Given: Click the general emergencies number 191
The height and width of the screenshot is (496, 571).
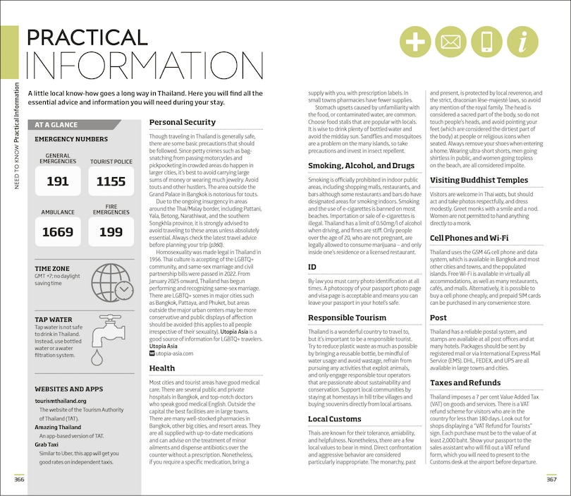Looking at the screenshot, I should [x=58, y=181].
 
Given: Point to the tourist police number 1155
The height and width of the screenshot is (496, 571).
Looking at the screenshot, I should [x=111, y=181].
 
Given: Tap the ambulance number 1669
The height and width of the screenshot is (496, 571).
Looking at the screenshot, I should [x=58, y=231].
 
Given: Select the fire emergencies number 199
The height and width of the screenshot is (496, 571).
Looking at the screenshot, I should [x=111, y=231].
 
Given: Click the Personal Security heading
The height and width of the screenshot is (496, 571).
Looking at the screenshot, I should [x=183, y=122].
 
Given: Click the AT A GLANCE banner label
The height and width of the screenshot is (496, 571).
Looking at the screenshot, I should [x=56, y=125].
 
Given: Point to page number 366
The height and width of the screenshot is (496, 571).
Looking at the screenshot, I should [x=20, y=480].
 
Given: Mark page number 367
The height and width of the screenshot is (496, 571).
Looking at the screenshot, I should [x=551, y=480].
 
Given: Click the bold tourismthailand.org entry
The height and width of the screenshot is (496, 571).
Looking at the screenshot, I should [x=65, y=400].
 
